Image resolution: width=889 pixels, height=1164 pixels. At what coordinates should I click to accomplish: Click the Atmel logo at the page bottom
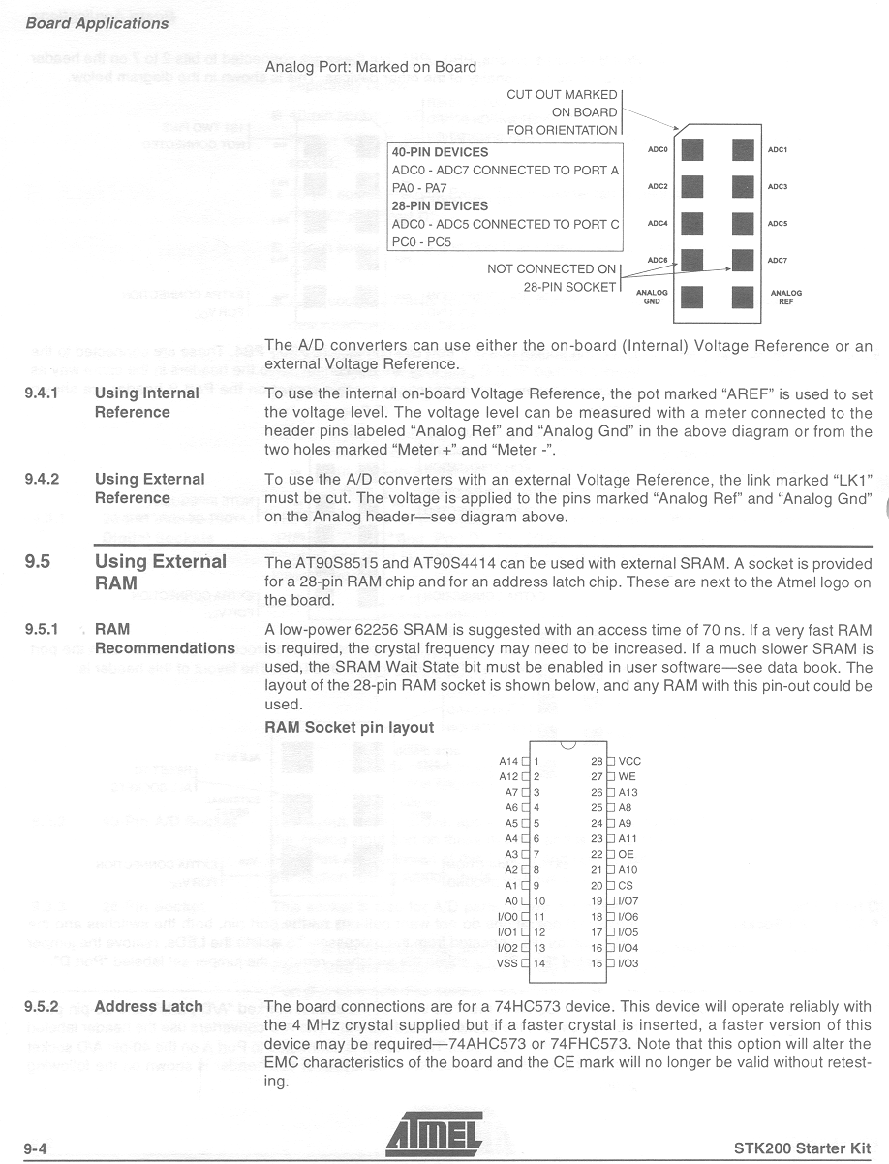point(434,1135)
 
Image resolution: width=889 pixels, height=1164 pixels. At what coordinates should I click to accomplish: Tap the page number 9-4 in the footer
point(36,1148)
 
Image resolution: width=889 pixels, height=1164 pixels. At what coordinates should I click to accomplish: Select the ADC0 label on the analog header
point(658,150)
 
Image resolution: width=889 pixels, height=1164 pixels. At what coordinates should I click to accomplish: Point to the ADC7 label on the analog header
point(778,260)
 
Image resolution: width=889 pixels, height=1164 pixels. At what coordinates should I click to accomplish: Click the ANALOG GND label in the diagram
point(652,297)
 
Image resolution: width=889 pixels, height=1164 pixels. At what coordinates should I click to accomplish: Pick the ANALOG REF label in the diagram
point(785,297)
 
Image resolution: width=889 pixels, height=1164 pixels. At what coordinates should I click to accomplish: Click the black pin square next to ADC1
point(743,150)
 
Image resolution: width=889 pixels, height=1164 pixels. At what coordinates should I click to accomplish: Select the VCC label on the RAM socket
point(629,761)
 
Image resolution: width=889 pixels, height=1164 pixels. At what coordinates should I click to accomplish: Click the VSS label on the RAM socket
point(507,963)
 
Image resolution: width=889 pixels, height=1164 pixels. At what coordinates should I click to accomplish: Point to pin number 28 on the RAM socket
point(597,761)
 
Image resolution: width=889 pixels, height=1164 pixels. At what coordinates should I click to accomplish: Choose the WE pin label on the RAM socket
point(628,776)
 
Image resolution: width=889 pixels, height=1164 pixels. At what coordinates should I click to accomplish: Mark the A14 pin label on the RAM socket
point(509,761)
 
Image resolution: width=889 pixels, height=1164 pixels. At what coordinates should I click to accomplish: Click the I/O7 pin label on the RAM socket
point(628,900)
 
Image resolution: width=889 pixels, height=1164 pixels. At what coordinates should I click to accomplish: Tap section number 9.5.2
point(44,1006)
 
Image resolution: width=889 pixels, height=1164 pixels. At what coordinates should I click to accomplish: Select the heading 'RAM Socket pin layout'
point(349,727)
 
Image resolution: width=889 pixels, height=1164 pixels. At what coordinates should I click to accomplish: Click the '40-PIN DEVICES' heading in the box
point(440,152)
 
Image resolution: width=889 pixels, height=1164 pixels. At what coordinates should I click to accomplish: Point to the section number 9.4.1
point(43,393)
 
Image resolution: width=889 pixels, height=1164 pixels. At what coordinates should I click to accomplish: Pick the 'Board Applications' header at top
point(97,23)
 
